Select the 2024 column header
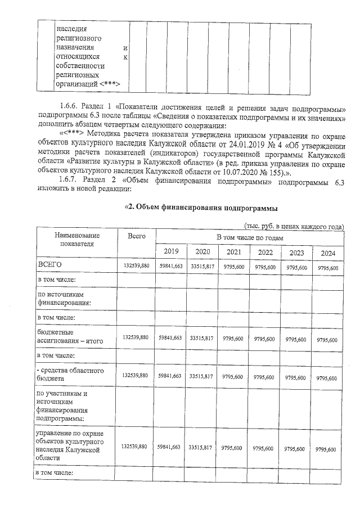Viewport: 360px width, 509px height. pos(328,253)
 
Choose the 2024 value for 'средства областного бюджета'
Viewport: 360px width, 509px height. pos(327,377)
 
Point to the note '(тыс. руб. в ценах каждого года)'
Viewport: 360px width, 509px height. pos(294,226)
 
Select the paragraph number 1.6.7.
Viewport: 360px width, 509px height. pos(70,179)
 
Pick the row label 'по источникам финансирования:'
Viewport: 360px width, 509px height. pos(64,298)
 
